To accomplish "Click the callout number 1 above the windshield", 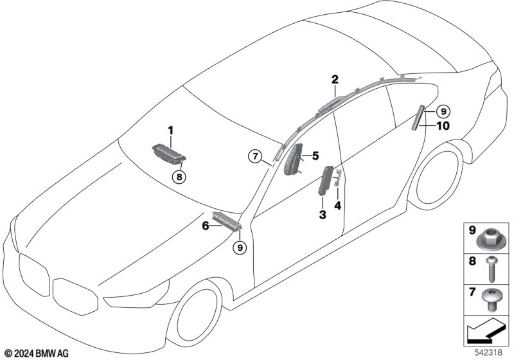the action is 172,130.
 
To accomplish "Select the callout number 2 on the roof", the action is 335,80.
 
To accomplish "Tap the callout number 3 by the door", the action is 323,213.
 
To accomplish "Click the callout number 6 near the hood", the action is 206,226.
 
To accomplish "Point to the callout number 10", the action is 443,126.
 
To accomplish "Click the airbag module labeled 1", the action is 170,154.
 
